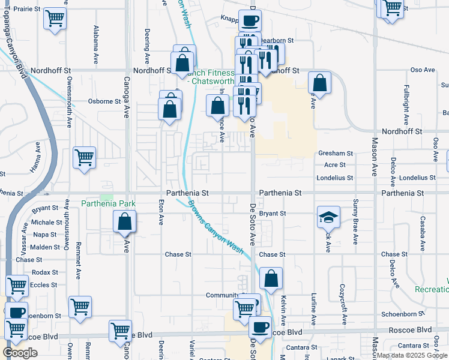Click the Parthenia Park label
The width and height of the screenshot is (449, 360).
pos(109,204)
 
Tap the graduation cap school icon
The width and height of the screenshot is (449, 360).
pos(328,218)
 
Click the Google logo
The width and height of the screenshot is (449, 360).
pos(20,353)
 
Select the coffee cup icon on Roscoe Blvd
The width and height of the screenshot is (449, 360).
pos(261,327)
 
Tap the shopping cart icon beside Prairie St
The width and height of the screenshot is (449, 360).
pos(55,19)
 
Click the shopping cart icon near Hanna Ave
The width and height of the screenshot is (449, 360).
pos(84,158)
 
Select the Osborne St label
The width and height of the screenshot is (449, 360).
pos(105,101)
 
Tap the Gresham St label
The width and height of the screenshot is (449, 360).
pos(332,154)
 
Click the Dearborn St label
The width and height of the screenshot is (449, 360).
pos(281,40)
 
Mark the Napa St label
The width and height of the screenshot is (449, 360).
pos(45,235)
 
